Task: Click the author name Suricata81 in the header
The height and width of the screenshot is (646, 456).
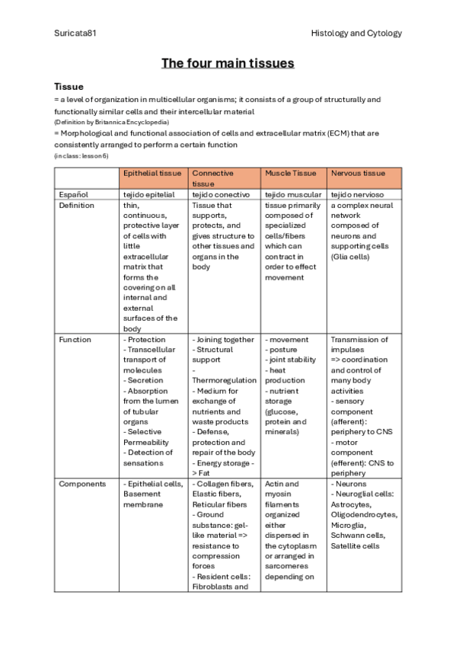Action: (75, 34)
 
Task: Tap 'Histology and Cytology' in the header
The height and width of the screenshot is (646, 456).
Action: (356, 34)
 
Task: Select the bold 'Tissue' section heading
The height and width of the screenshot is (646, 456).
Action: (69, 87)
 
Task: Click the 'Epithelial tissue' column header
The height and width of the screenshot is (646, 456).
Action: (153, 174)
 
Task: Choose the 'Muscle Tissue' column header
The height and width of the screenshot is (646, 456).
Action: (290, 174)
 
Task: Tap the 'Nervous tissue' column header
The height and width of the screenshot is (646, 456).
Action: (358, 174)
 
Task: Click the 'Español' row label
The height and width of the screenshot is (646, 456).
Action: (73, 195)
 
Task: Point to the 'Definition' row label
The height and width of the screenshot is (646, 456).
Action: (76, 206)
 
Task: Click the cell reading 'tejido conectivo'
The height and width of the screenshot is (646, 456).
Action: (219, 195)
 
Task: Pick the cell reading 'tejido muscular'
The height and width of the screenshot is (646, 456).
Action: (292, 195)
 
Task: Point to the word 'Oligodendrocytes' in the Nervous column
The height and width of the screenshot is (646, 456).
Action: (364, 515)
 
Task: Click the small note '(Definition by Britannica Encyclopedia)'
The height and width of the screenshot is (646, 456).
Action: (111, 122)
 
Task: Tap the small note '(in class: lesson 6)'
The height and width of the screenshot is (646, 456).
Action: (81, 155)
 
